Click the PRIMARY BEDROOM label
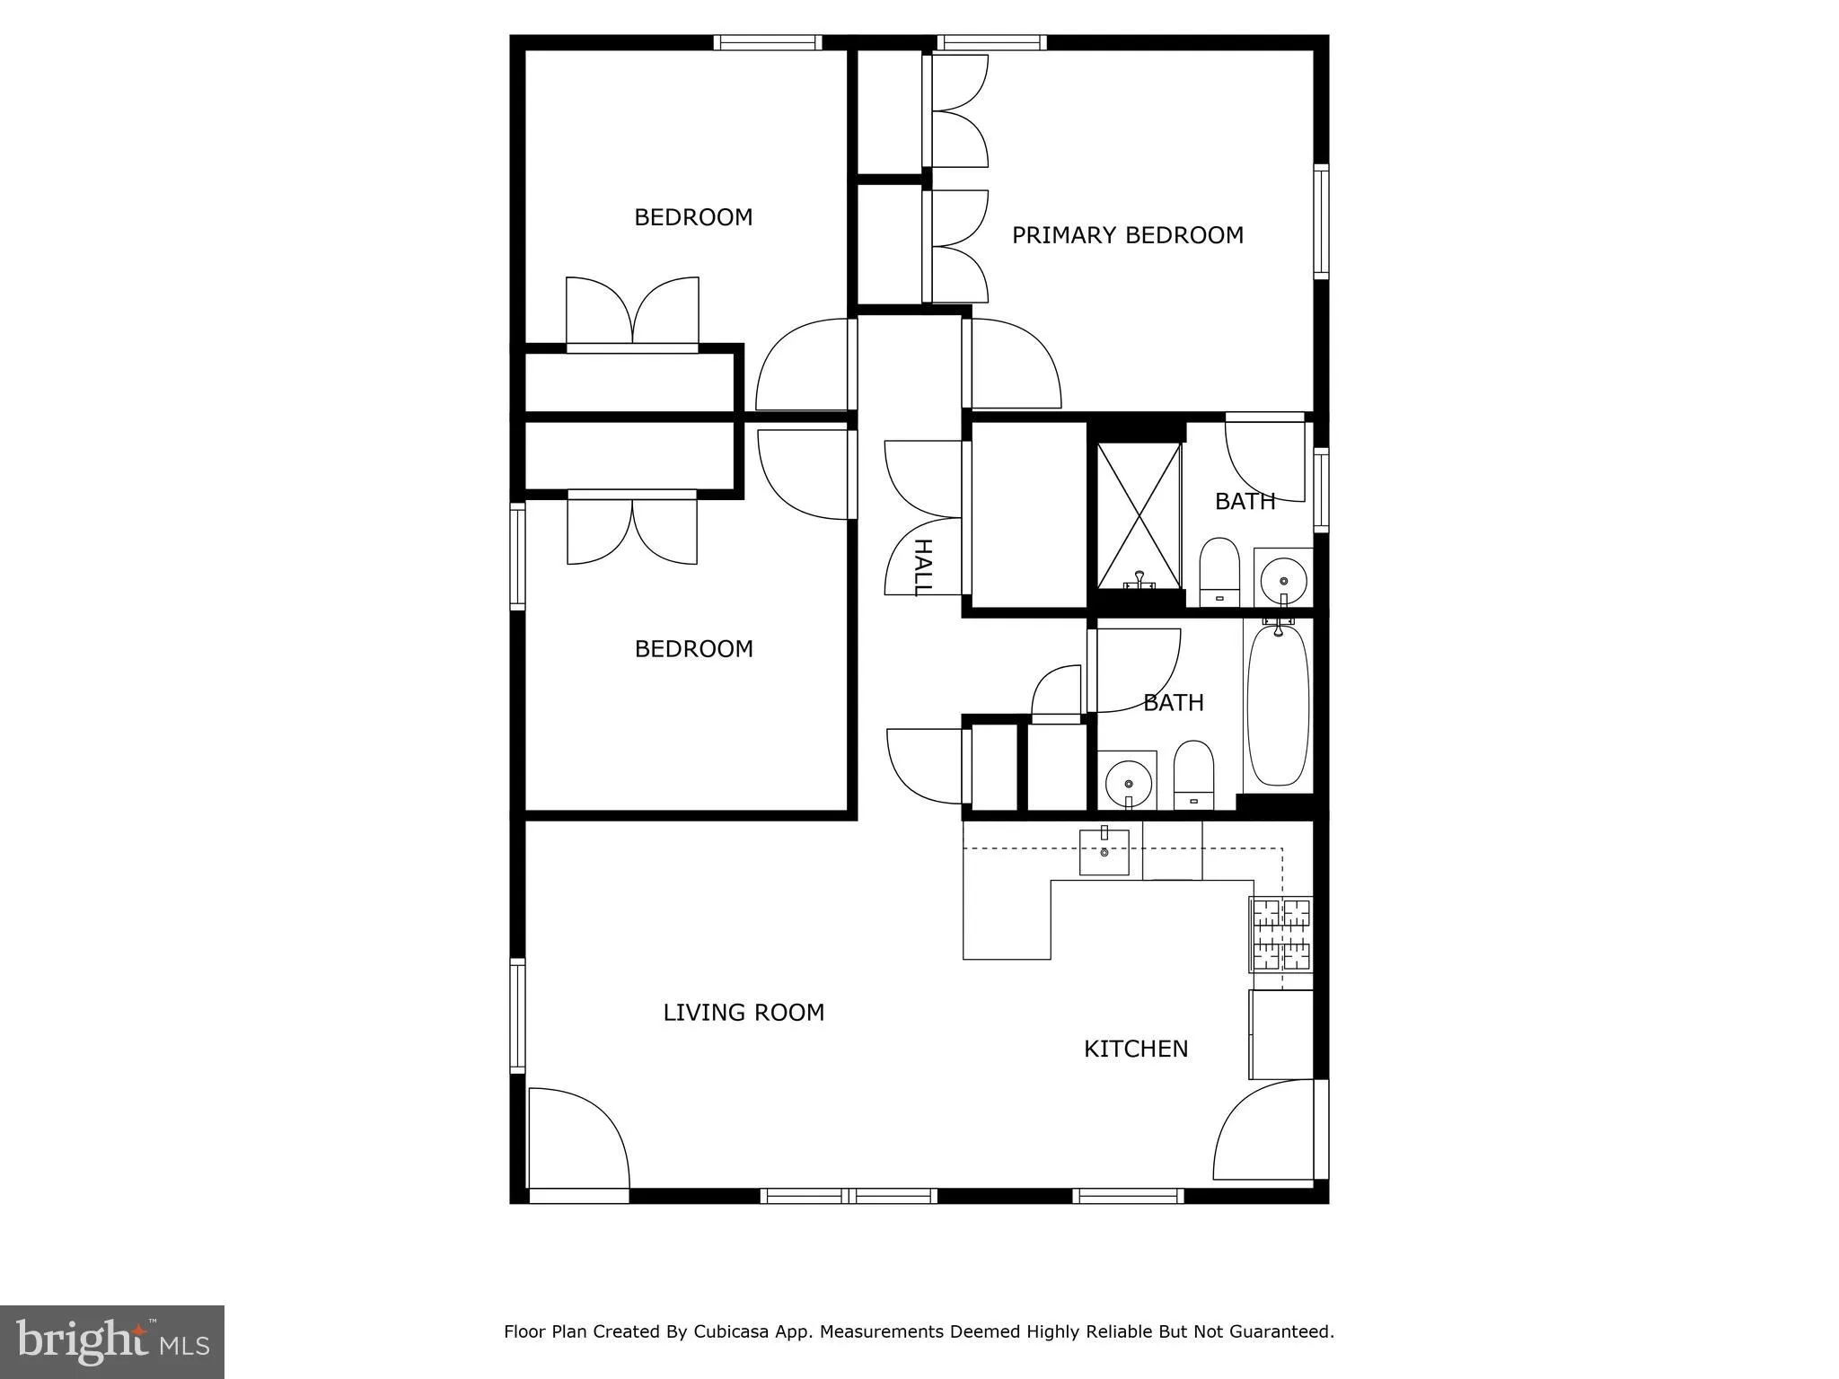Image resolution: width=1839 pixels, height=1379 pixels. coord(1127,235)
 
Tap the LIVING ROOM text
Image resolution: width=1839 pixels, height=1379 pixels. coord(744,1013)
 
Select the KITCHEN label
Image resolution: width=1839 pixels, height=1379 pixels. coord(1136,1049)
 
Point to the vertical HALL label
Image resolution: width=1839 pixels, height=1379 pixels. coord(922,567)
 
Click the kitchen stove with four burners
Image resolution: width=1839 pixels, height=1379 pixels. coord(1281,935)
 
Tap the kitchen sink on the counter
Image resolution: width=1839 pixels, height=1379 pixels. coord(1104,852)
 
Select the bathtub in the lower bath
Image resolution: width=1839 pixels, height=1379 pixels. coord(1278,706)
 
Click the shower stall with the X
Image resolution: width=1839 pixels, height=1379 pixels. coord(1139,515)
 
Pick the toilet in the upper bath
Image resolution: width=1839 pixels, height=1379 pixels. coord(1219,572)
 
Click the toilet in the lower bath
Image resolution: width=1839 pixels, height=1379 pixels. coord(1193,775)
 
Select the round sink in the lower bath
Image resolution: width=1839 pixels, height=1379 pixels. coord(1127,780)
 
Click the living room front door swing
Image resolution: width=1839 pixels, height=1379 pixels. coord(576,1138)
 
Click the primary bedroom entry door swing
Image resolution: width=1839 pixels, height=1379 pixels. coord(1012,364)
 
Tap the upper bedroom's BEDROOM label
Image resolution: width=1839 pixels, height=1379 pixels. coord(693,217)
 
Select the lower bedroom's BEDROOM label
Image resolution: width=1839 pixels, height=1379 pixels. coord(693,649)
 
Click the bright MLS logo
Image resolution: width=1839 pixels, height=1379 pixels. coord(112,1342)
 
